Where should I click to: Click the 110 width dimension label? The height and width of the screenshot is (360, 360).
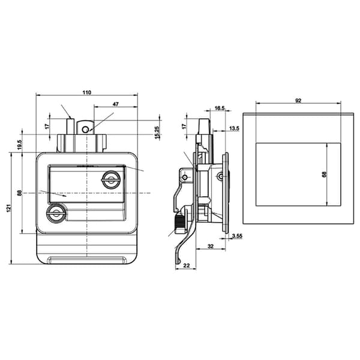tap(87, 92)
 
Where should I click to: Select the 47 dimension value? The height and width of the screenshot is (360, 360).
tap(116, 104)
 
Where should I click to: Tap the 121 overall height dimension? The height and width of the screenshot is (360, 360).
tap(9, 208)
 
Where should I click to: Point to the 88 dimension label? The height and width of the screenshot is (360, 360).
tap(20, 193)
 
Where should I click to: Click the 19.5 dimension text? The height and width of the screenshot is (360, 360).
tap(20, 145)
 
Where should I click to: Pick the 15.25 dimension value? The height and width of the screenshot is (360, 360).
tap(157, 133)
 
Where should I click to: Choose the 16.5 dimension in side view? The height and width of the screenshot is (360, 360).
tap(220, 108)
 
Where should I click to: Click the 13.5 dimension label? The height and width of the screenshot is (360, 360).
tap(234, 128)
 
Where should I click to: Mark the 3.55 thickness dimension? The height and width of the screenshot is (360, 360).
tap(237, 236)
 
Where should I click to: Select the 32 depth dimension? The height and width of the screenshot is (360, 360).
tap(211, 246)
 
